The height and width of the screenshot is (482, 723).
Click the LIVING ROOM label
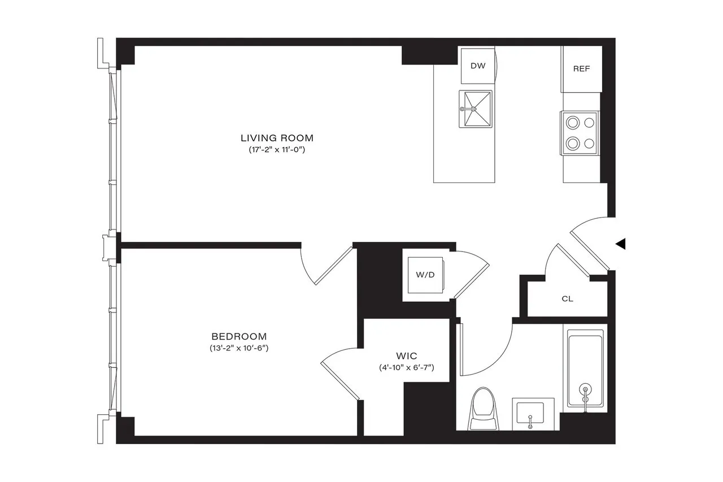click(x=277, y=137)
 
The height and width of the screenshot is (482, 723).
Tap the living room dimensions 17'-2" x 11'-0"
click(x=277, y=150)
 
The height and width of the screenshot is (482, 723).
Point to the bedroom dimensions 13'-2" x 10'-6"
click(x=238, y=349)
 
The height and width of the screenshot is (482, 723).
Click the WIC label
click(x=406, y=355)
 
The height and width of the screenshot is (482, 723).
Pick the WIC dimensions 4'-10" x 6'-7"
click(x=406, y=368)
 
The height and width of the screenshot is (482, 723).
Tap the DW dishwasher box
click(x=478, y=66)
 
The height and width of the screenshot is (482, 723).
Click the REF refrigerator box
click(x=581, y=69)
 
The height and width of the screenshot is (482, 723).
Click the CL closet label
click(x=568, y=299)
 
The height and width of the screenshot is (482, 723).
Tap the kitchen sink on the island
click(x=476, y=109)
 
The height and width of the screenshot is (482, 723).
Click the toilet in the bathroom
click(x=484, y=408)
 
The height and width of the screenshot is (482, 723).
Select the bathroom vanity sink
click(x=532, y=413)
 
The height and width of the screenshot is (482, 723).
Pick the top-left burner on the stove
click(x=573, y=121)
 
